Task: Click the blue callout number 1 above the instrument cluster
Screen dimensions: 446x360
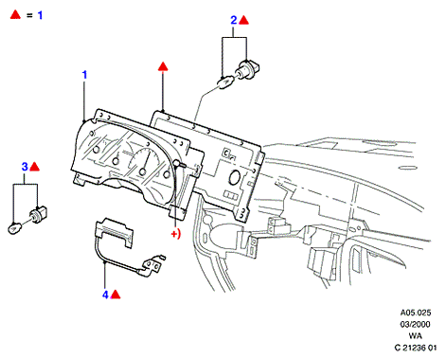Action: (x=84, y=75)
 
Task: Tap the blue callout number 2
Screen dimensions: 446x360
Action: (x=234, y=20)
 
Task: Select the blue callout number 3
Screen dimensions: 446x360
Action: (x=25, y=167)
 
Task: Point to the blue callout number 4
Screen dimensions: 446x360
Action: (x=105, y=295)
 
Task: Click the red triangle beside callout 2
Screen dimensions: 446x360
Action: (x=243, y=21)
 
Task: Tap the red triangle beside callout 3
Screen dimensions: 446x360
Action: (x=35, y=167)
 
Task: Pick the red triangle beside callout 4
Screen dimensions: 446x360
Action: (x=116, y=295)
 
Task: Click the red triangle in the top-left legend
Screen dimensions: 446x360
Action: (x=15, y=14)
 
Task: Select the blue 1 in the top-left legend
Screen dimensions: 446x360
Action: (x=40, y=15)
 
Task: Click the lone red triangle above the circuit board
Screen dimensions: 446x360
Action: (x=163, y=66)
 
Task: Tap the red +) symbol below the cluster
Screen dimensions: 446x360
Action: (x=176, y=234)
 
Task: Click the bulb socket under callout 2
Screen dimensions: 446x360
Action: (x=249, y=68)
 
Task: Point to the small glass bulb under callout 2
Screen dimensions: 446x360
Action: (x=225, y=82)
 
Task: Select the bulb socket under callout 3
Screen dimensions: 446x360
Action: (x=38, y=214)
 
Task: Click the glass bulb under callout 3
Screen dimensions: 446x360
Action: (x=15, y=227)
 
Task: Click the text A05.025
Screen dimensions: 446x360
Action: (x=416, y=313)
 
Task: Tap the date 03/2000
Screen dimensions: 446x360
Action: (x=415, y=324)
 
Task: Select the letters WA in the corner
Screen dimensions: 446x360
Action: (x=416, y=335)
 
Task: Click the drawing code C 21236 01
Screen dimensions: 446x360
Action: (x=416, y=348)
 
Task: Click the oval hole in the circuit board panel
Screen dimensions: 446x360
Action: (x=234, y=177)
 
